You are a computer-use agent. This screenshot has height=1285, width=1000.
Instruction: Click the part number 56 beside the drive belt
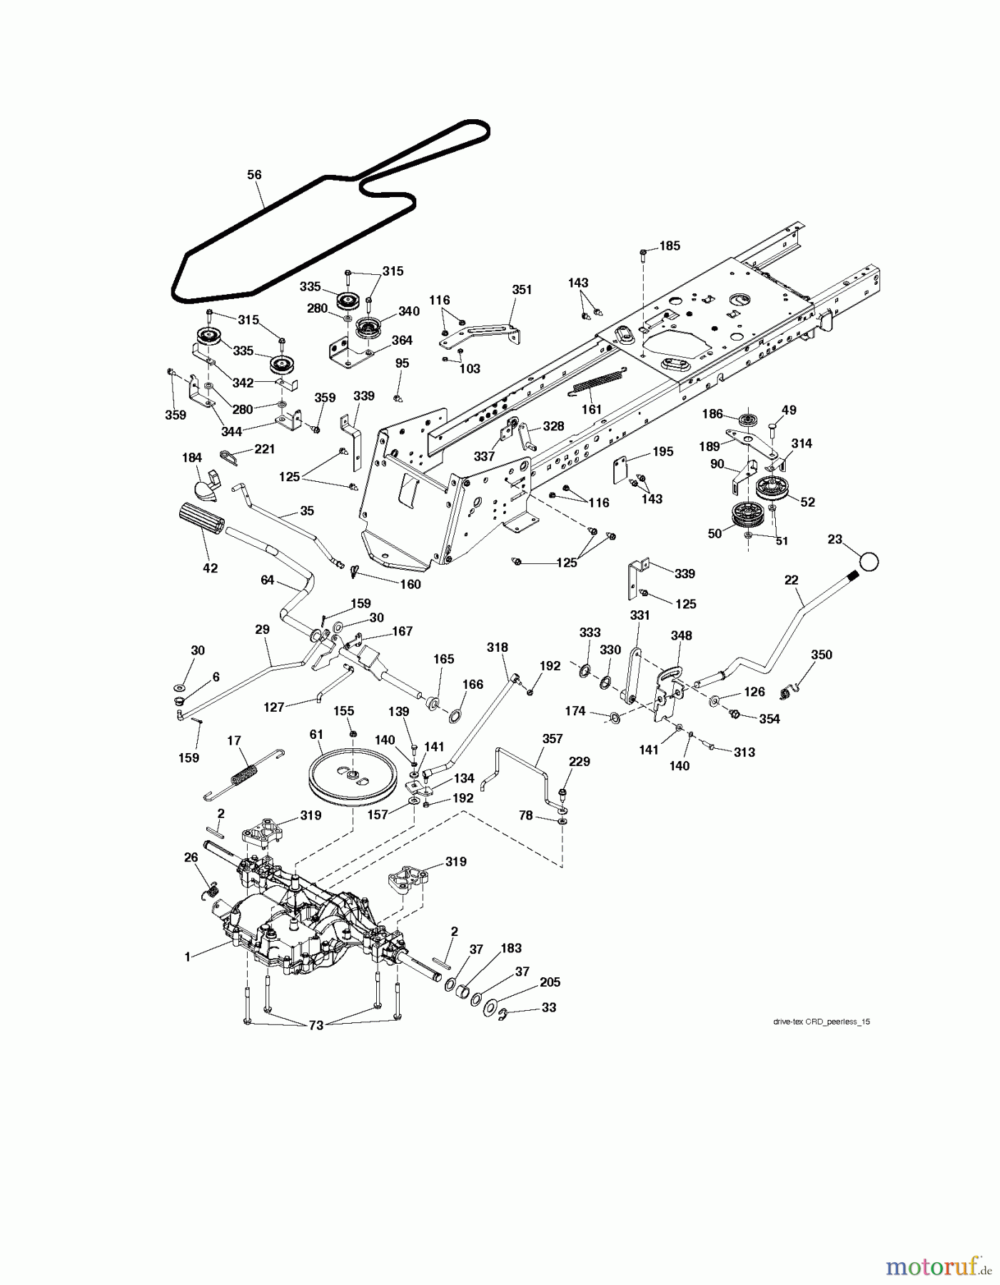coord(254,174)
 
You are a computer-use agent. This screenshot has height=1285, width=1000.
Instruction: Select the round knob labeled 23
coord(868,560)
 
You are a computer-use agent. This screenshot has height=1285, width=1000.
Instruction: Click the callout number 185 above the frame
coord(669,246)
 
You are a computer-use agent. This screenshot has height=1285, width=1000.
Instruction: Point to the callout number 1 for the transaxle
coord(188,957)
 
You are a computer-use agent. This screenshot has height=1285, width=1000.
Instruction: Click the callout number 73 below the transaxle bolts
coord(315,1025)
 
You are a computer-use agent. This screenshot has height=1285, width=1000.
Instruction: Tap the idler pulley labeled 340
coord(370,330)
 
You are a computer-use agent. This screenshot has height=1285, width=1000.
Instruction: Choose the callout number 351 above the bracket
coord(522,289)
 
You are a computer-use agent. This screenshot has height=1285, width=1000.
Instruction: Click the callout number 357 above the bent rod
coord(552,739)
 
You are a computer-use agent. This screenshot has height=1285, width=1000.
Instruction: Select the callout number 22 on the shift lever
coord(791,580)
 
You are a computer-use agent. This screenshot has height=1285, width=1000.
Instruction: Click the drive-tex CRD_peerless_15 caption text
coord(821,1022)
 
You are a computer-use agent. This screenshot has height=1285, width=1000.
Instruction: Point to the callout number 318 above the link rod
coord(497,647)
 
